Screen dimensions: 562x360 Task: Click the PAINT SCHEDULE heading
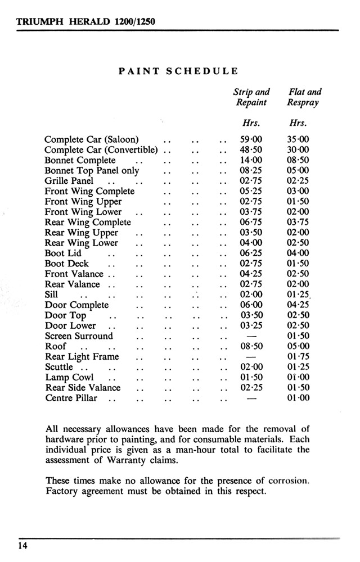point(179,71)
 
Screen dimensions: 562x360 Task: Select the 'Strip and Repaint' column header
point(251,97)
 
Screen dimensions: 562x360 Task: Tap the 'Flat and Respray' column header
point(304,97)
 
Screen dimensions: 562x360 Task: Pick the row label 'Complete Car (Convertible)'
point(101,150)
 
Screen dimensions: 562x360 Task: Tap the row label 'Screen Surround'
point(79,336)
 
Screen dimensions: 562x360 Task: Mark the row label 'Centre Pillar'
point(71,398)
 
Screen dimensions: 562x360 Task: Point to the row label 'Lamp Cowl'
point(69,378)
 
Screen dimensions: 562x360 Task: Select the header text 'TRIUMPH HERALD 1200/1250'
point(86,22)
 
